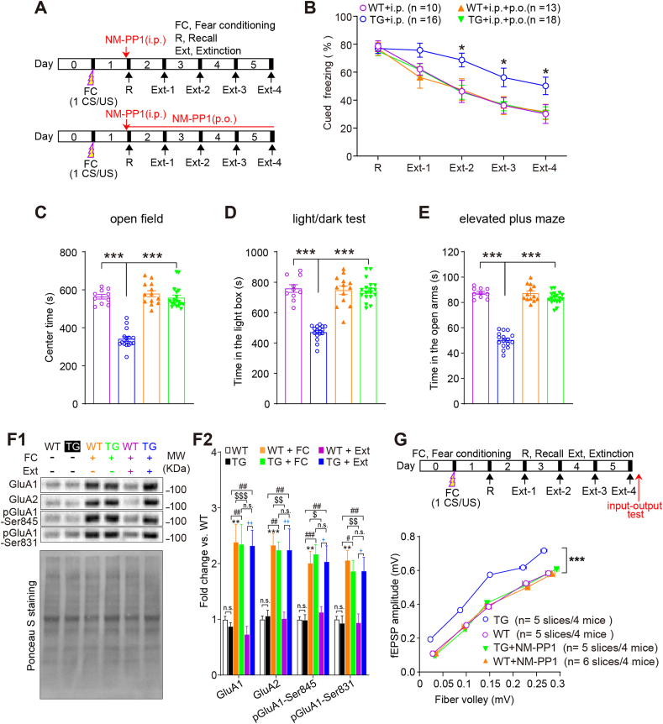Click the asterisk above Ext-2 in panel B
click(461, 47)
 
